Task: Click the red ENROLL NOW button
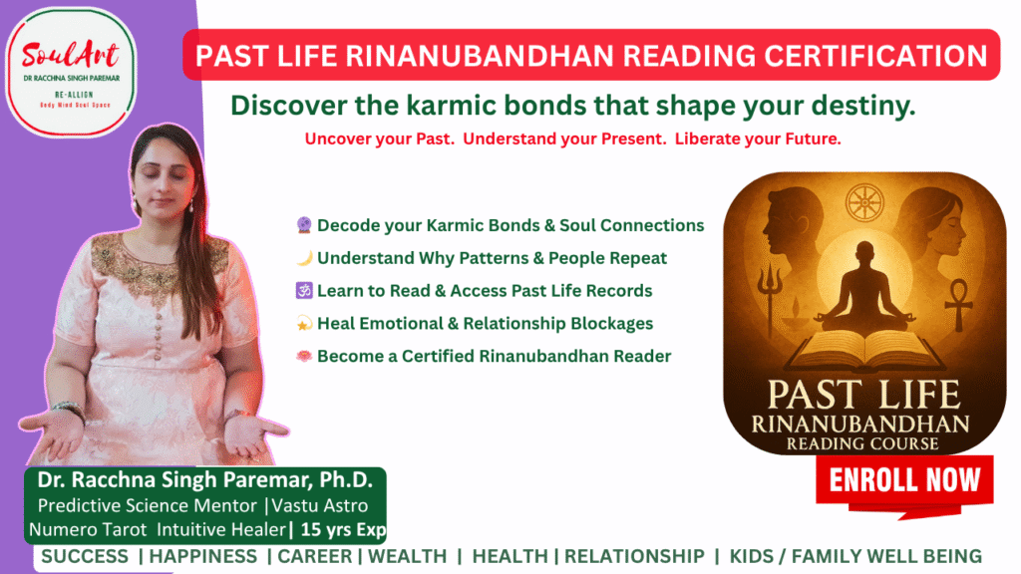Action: tap(904, 480)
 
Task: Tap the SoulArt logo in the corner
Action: tap(71, 72)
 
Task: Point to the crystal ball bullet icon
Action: tap(304, 225)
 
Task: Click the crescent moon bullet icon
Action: tap(304, 258)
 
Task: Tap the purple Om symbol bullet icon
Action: tap(304, 290)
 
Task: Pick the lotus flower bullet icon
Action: tap(304, 356)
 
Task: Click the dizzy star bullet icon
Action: tap(304, 323)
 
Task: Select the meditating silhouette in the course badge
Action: tap(864, 285)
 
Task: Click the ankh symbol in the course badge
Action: tap(958, 305)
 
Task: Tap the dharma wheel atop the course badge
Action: tap(864, 201)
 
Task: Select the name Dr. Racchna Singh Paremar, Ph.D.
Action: tap(204, 479)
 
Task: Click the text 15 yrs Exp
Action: tap(343, 530)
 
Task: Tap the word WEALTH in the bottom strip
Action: tap(407, 556)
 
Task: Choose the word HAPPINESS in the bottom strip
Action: tap(203, 556)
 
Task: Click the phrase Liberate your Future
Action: tap(758, 139)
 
